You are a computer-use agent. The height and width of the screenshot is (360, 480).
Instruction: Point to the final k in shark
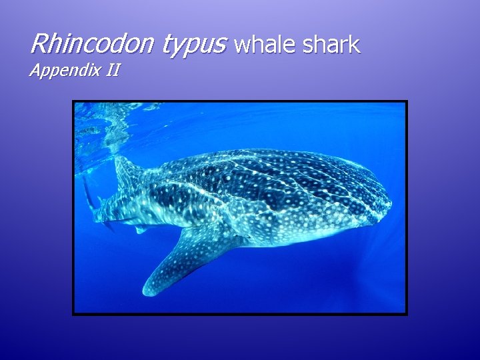click(x=355, y=45)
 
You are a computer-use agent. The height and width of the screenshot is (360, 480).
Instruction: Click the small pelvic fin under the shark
click(x=140, y=229)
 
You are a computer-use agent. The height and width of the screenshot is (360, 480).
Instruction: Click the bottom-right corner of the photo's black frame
click(x=406, y=313)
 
